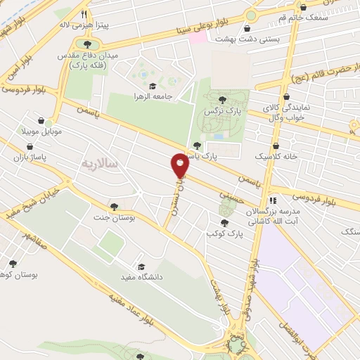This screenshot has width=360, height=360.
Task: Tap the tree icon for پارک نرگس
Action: pyautogui.click(x=223, y=100)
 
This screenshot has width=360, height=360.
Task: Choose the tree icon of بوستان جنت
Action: pyautogui.click(x=114, y=207)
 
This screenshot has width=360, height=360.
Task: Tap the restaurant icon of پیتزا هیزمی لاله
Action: pyautogui.click(x=84, y=14)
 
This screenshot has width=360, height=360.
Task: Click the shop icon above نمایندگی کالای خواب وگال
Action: pyautogui.click(x=286, y=98)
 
